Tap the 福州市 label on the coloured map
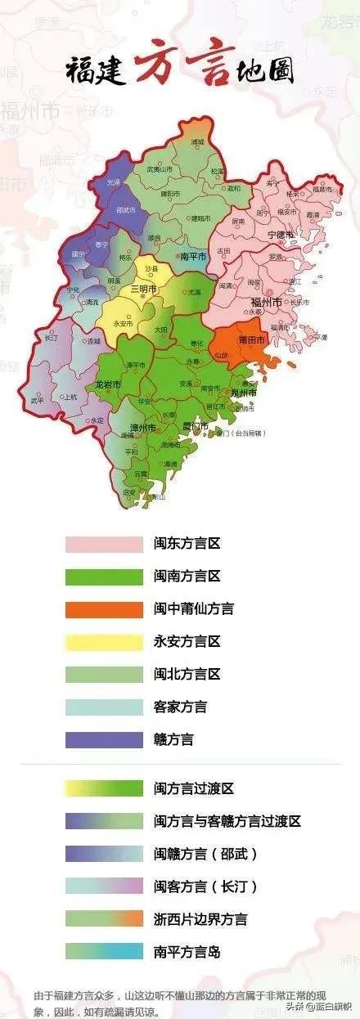click(x=266, y=302)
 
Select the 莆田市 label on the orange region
click(x=250, y=339)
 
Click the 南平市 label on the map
click(x=192, y=255)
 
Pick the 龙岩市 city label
click(x=108, y=384)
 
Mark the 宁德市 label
click(x=281, y=235)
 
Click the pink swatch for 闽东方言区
click(x=104, y=543)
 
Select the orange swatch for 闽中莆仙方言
click(x=104, y=608)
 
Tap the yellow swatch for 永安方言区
click(x=104, y=641)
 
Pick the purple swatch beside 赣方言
click(x=104, y=739)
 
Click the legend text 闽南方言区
click(x=187, y=576)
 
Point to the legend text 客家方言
click(x=180, y=707)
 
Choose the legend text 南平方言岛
click(x=187, y=952)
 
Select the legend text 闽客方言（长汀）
click(x=205, y=887)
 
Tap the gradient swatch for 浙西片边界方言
click(x=104, y=919)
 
